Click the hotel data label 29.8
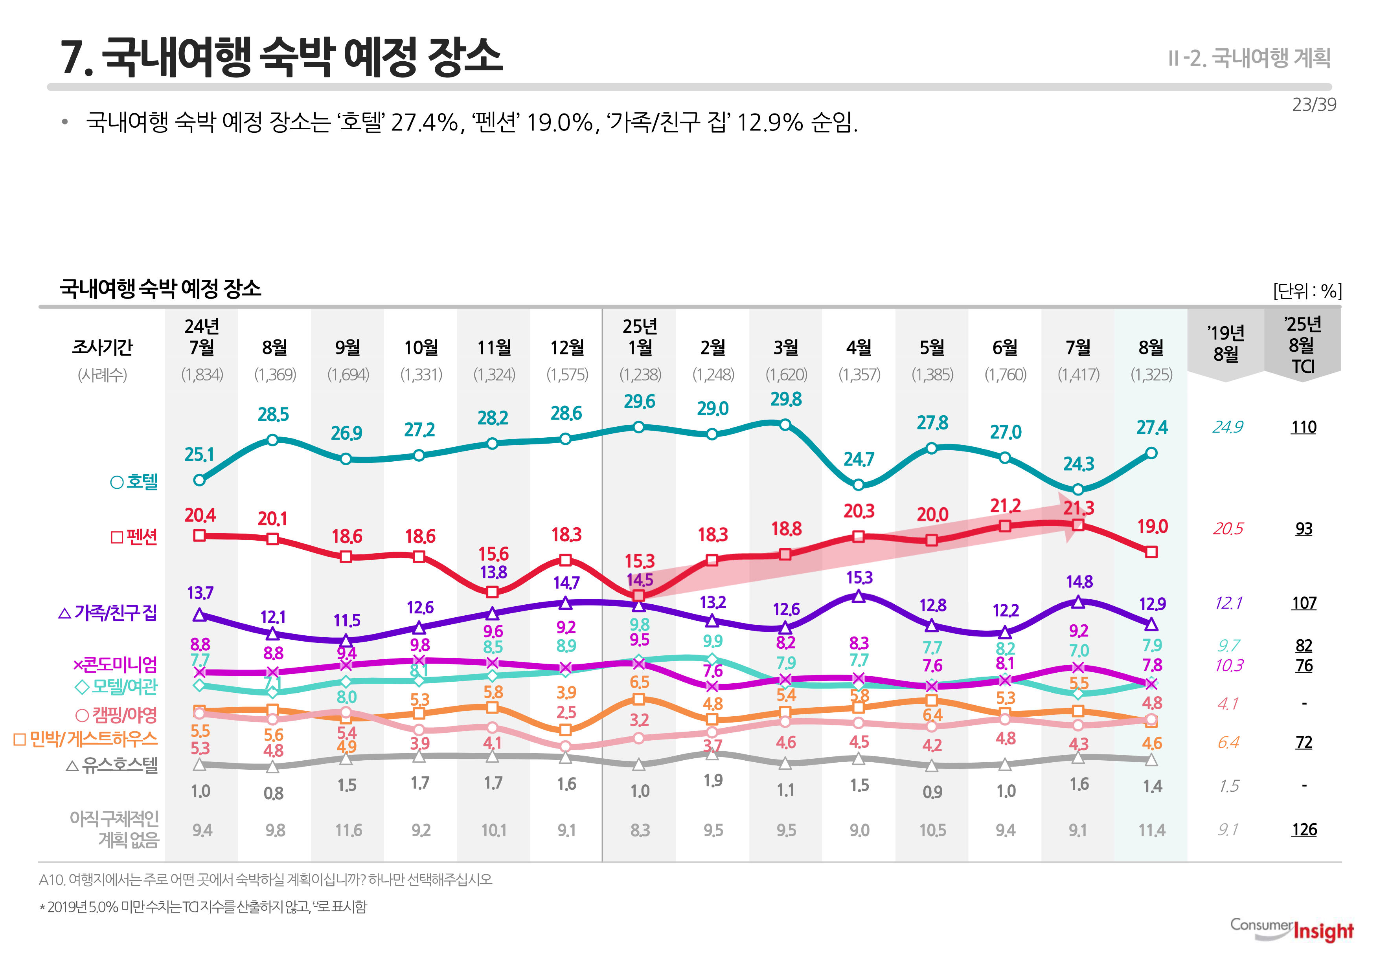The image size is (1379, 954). [x=786, y=399]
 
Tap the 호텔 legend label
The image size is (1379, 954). [x=134, y=482]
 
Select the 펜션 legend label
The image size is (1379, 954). [x=134, y=537]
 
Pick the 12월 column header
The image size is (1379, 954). [x=567, y=347]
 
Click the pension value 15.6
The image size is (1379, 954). [x=493, y=554]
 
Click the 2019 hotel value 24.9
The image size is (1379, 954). [x=1228, y=427]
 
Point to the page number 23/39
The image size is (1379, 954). [x=1314, y=105]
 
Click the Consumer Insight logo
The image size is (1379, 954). [x=1292, y=930]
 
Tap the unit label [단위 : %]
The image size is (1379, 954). [x=1307, y=291]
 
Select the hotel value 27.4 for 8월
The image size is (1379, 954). [x=1152, y=428]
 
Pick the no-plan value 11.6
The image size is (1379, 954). [x=348, y=830]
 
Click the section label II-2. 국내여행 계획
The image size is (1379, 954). [x=1249, y=58]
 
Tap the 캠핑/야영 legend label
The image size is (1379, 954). [x=117, y=715]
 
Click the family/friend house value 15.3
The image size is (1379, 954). [x=859, y=578]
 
